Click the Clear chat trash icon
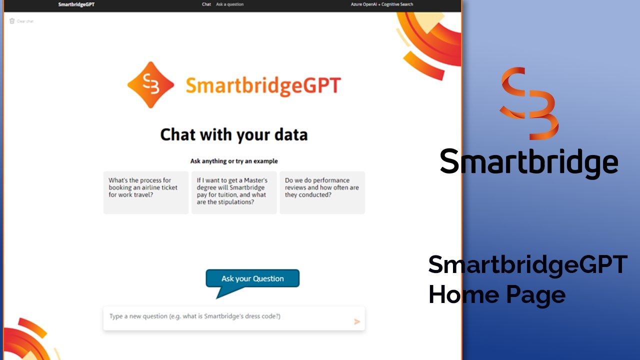11,21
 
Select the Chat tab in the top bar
206,4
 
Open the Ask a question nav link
229,4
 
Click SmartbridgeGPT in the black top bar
76,4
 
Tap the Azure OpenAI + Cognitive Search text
381,4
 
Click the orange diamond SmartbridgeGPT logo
150,85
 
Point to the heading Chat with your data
234,134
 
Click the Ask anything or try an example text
234,161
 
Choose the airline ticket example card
145,192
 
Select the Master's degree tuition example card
234,192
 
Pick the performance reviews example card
322,192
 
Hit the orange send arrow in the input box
357,321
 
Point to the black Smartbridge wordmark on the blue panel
529,163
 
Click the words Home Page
497,295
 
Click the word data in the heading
291,134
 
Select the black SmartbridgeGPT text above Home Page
527,265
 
